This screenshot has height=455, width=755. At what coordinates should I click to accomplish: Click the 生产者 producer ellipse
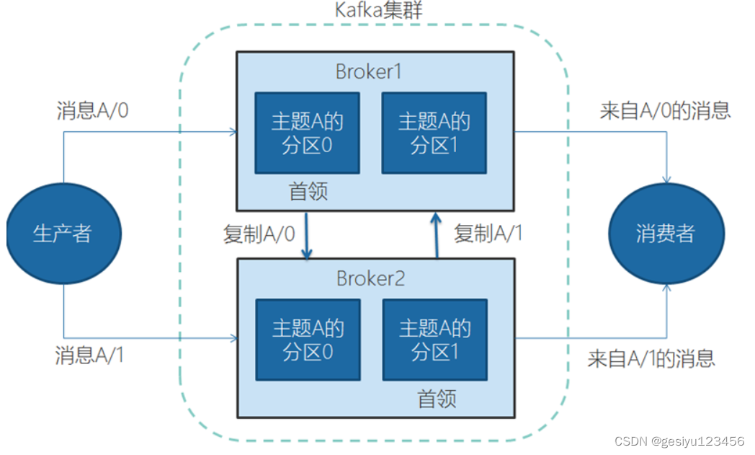tap(63, 234)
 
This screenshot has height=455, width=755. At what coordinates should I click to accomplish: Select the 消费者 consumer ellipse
tap(666, 234)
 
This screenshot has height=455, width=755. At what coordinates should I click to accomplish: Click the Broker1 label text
tap(368, 72)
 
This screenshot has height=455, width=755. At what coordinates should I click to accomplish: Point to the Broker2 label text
tap(370, 278)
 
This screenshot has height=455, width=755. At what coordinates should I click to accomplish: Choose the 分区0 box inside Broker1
tap(307, 133)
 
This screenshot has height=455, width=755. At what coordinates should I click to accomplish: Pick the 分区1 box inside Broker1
tap(434, 133)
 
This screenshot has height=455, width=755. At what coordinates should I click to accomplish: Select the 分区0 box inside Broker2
tap(308, 340)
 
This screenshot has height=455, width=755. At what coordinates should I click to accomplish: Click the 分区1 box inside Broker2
tap(434, 340)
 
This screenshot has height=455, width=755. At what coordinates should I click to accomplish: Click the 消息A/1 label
tap(89, 355)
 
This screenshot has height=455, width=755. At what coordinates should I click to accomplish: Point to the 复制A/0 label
tap(259, 235)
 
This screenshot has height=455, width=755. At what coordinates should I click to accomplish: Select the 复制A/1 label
tap(488, 234)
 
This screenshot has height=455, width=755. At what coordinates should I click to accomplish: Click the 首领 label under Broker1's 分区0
tap(308, 191)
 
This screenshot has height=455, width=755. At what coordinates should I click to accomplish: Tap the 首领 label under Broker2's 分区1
tap(437, 399)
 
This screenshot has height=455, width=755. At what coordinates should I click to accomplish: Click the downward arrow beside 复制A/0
tap(308, 235)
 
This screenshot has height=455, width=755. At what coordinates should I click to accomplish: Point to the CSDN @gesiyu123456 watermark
tap(677, 441)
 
